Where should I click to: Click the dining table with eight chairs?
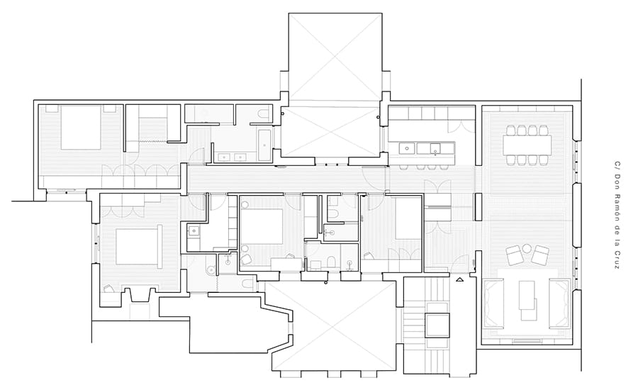coord(527,145)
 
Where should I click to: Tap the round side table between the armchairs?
coord(527,248)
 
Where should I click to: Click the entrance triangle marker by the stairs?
coord(460,279)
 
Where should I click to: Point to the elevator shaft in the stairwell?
coord(437,325)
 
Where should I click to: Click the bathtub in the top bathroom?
coord(265,145)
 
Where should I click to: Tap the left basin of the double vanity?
coord(223,157)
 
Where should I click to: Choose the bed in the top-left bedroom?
coord(81,128)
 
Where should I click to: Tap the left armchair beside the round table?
coord(513,255)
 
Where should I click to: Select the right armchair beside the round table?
coord(541,255)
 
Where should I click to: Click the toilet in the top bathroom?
coord(264,114)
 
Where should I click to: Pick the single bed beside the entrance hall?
coord(408,219)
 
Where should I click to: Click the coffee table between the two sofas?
coord(527,295)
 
